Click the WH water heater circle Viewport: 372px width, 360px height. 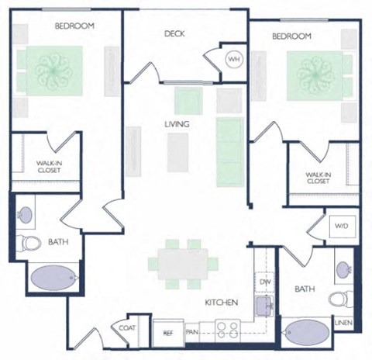pyautogui.click(x=232, y=60)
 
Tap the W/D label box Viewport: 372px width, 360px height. pyautogui.click(x=341, y=227)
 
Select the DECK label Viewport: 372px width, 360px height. pyautogui.click(x=174, y=33)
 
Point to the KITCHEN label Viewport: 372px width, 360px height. pyautogui.click(x=220, y=302)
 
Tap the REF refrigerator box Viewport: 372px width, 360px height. pyautogui.click(x=167, y=333)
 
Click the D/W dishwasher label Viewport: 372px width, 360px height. pyautogui.click(x=264, y=282)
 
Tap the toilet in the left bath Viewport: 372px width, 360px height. pyautogui.click(x=31, y=243)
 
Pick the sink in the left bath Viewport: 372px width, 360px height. pyautogui.click(x=26, y=213)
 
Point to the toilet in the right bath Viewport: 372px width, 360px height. pyautogui.click(x=338, y=299)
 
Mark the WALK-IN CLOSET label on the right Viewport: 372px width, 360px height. pyautogui.click(x=319, y=178)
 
